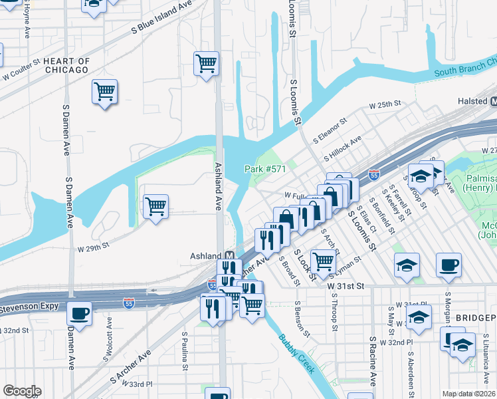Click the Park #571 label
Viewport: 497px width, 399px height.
pos(265,169)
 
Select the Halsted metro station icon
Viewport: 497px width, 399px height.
pos(494,102)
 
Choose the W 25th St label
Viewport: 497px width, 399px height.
pos(385,104)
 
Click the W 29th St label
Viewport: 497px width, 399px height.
pos(92,247)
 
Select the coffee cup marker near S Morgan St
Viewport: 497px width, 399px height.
pos(448,265)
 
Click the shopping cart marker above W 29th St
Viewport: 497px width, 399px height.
pos(155,207)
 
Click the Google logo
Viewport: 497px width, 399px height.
pos(22,391)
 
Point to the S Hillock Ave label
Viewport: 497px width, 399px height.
pos(342,149)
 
